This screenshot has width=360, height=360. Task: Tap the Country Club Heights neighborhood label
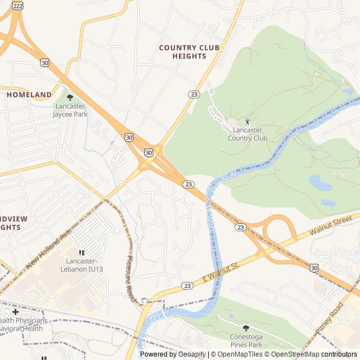click(189, 52)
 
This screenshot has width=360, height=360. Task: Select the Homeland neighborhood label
click(29, 95)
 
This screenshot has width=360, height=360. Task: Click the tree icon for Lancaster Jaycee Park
click(70, 97)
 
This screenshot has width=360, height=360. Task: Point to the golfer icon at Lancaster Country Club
click(247, 121)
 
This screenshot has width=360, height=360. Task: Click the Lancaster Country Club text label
click(247, 134)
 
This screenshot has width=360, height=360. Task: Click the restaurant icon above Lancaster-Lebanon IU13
click(82, 253)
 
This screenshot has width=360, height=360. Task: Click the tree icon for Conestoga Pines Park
click(245, 328)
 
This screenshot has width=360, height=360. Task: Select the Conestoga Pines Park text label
click(245, 341)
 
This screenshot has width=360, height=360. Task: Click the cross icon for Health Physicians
click(15, 312)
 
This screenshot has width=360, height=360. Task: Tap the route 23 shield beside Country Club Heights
click(193, 94)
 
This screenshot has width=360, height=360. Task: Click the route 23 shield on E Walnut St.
click(187, 286)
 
